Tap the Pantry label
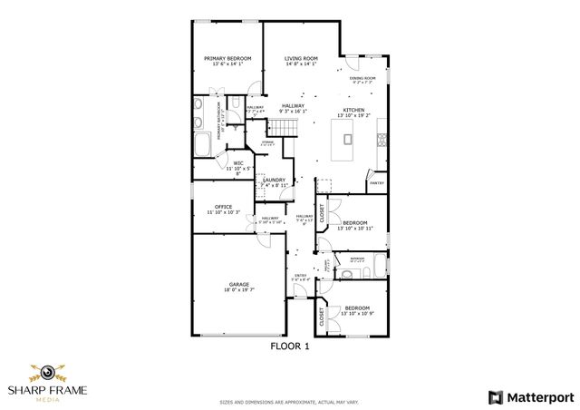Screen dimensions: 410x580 [376, 183]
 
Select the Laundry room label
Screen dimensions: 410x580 [275, 180]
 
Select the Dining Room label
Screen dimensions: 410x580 [362, 78]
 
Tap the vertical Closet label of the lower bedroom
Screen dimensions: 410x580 [322, 317]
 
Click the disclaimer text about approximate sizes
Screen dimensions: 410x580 [291, 400]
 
